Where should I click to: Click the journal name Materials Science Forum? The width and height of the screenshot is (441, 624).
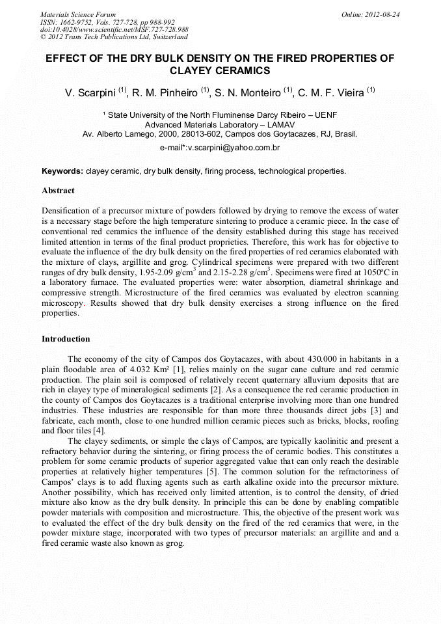coord(78,14)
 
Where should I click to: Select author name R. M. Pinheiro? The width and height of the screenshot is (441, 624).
coord(163,93)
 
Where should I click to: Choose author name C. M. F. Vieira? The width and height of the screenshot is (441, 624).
coord(331,93)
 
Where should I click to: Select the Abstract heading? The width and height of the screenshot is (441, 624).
coord(58,191)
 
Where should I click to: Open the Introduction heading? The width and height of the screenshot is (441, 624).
coord(66,339)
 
